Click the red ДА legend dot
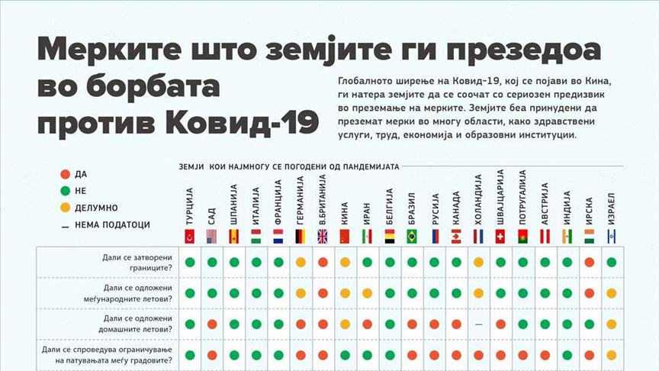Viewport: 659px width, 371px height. coord(66,174)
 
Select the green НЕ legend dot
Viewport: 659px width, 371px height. coord(66,191)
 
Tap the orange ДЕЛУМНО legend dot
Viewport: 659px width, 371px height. coord(66,208)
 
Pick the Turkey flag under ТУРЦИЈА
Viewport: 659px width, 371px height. coord(189,236)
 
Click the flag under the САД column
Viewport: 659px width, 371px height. coord(211,236)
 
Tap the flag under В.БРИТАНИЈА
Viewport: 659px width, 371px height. coord(323,236)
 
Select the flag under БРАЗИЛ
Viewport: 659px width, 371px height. coord(412,236)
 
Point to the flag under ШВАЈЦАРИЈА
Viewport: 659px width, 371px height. coord(500,236)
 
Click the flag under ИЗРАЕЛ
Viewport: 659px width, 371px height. coord(612,236)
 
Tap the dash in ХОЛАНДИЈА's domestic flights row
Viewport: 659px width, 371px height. coord(478,324)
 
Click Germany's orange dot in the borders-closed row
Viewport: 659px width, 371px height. coord(301,263)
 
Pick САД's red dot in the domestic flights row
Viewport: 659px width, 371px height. coord(211,324)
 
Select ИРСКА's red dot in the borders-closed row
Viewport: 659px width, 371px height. coord(589,263)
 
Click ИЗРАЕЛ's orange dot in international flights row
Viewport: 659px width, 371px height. coord(611,292)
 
